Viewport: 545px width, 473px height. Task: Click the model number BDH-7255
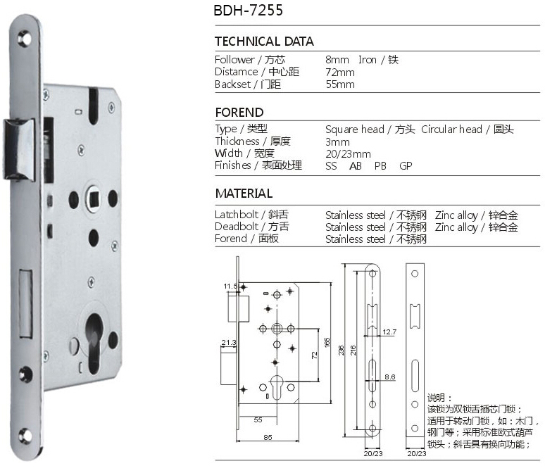coord(248,10)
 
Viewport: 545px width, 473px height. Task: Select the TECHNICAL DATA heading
coord(264,42)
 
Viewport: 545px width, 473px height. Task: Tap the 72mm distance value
coord(340,72)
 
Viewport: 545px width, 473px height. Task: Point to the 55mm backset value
coord(340,84)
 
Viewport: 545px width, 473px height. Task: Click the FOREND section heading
coord(239,112)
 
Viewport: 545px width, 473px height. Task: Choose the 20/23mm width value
coord(348,154)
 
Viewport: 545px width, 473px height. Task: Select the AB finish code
coord(355,166)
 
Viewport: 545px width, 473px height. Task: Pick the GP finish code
coord(406,166)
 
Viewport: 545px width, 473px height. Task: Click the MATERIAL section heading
coord(244,194)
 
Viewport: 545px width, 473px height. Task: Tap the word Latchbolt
coord(237,215)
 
